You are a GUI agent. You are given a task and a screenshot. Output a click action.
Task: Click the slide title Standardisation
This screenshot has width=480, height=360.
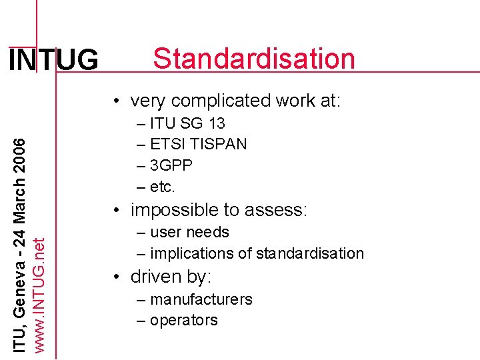click(254, 59)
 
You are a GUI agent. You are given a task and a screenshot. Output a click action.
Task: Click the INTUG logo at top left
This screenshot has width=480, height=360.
click(53, 61)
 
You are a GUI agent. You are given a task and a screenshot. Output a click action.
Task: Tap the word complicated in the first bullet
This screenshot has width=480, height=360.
click(220, 101)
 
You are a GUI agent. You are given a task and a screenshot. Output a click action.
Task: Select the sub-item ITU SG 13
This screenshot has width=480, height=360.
click(187, 123)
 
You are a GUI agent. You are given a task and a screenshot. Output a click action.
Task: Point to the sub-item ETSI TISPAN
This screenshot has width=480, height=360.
click(198, 144)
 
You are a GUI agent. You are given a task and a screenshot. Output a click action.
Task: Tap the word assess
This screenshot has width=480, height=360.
click(276, 210)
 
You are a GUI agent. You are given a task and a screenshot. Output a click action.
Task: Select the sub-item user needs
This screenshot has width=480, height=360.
click(189, 232)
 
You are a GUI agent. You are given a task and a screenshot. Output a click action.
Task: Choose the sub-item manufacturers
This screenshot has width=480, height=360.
click(201, 299)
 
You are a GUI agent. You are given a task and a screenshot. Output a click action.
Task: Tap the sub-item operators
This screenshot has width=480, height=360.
click(183, 320)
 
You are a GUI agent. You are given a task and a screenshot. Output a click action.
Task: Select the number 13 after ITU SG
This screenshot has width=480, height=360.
click(216, 123)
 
